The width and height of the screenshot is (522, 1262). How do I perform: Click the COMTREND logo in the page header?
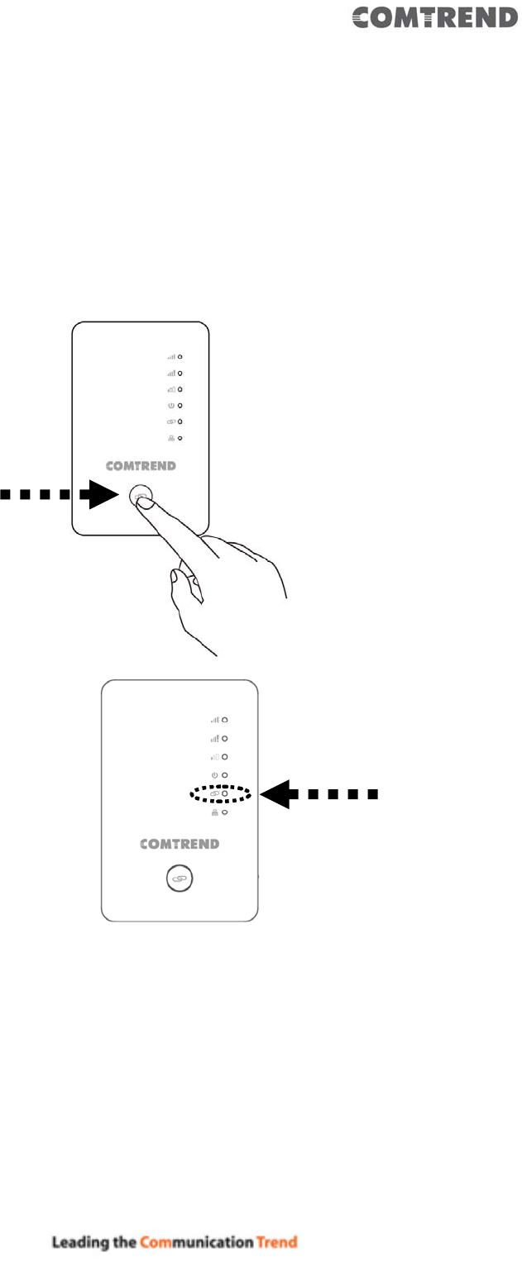[435, 18]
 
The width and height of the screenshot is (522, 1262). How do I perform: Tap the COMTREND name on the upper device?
[141, 466]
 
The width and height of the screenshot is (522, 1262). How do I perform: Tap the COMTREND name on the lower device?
[180, 845]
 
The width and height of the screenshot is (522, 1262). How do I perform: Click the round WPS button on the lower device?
[180, 880]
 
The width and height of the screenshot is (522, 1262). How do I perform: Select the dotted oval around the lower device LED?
[218, 793]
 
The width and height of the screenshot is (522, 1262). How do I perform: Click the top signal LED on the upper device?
[180, 357]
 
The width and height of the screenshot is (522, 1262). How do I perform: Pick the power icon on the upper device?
[171, 406]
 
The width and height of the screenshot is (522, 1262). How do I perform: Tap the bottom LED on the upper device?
[180, 438]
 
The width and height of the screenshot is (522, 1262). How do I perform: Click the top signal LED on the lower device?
[223, 720]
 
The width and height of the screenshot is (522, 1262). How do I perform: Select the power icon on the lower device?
[214, 774]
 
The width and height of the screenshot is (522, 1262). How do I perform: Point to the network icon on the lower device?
[214, 812]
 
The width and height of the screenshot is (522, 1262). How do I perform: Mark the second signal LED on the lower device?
[223, 738]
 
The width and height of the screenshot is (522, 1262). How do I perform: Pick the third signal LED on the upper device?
[180, 389]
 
